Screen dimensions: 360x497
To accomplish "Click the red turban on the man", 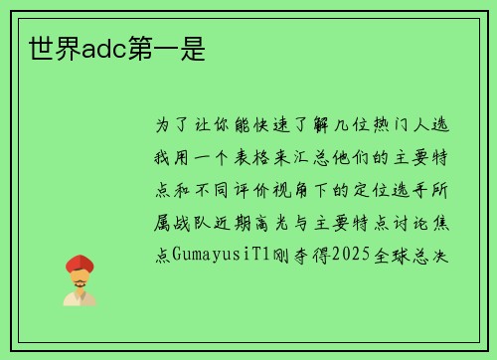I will (79, 263).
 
